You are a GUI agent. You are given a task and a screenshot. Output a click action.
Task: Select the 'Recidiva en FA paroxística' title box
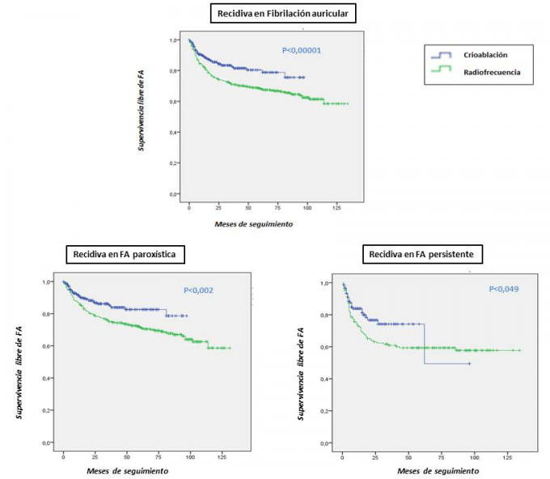[x=125, y=255]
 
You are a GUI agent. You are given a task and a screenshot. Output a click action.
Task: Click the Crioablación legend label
[x=486, y=55]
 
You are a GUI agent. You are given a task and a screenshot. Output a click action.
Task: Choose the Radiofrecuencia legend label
[x=491, y=72]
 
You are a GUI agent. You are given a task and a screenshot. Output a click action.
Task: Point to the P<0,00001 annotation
[x=302, y=50]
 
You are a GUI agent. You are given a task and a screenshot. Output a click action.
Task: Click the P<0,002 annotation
[x=199, y=290]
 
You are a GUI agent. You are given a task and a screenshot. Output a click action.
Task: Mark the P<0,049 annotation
[x=506, y=289]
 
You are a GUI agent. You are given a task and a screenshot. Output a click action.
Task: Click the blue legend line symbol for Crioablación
[x=442, y=55]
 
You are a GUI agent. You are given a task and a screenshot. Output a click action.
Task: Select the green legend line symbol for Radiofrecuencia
[x=442, y=72]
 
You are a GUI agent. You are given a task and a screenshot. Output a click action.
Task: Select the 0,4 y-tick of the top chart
[x=172, y=133]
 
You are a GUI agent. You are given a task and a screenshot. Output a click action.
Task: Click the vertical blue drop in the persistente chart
[x=425, y=344]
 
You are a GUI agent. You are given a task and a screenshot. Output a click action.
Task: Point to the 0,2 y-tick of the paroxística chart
[x=48, y=411]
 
